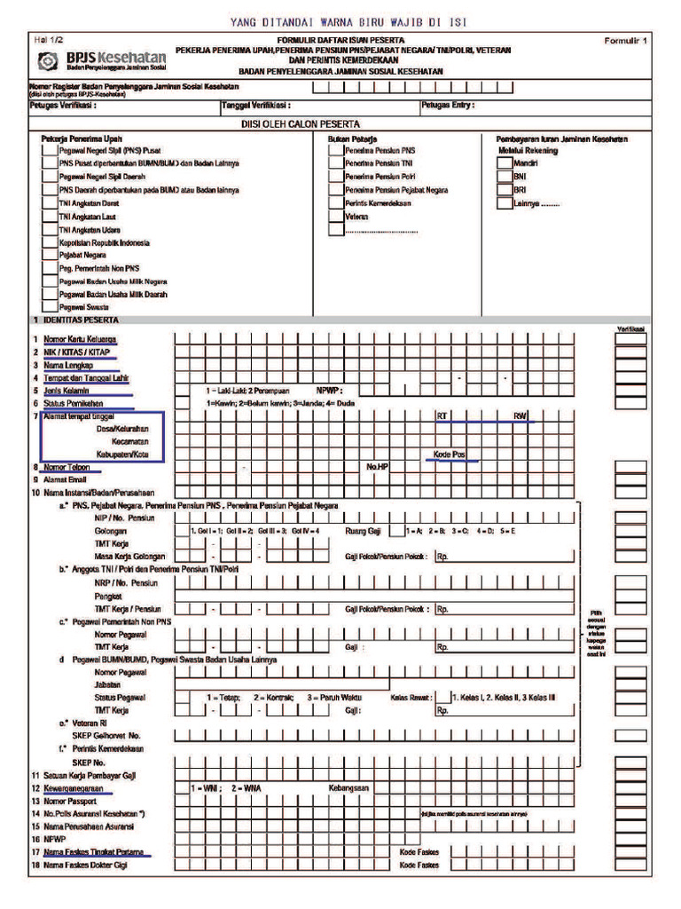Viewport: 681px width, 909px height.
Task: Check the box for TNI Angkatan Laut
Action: pyautogui.click(x=50, y=217)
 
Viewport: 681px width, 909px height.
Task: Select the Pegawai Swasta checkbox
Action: pyautogui.click(x=50, y=307)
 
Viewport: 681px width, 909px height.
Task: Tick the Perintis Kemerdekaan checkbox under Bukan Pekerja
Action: pyautogui.click(x=336, y=203)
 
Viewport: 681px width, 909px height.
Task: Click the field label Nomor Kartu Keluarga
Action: pyautogui.click(x=80, y=339)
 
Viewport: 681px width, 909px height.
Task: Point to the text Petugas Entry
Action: pyautogui.click(x=449, y=105)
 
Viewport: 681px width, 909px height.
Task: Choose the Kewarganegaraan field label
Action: pyautogui.click(x=80, y=787)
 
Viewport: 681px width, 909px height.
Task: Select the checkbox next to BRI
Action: pyautogui.click(x=504, y=190)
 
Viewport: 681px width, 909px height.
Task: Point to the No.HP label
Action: pyautogui.click(x=378, y=467)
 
